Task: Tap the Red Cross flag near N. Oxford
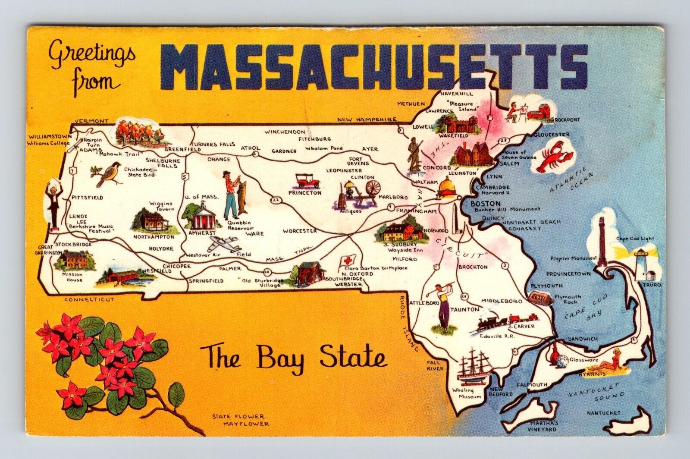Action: pos(345,261)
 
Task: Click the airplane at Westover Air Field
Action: pos(223,245)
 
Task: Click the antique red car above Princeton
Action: pos(307,180)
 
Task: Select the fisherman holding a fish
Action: pos(233,194)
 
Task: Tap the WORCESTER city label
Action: pos(300,231)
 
